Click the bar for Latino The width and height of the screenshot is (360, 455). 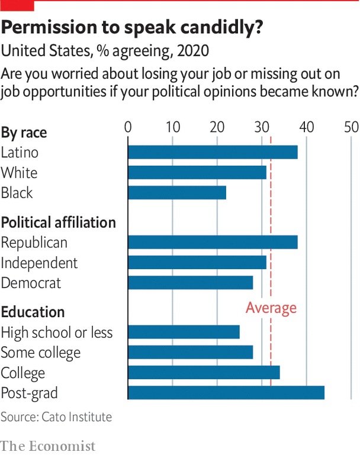(x=213, y=152)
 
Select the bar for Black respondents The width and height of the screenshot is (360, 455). (x=177, y=193)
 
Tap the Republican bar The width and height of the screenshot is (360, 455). (x=213, y=242)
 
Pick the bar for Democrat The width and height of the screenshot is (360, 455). (x=191, y=282)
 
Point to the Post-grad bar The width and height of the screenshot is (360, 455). (x=226, y=392)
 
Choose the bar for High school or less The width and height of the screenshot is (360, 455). (x=184, y=332)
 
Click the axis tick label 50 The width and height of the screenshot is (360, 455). (x=351, y=127)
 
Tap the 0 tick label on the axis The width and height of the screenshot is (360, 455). (x=128, y=127)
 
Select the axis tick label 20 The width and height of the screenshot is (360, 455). (x=217, y=127)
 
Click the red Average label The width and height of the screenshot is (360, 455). (x=271, y=308)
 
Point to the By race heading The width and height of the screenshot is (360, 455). (x=24, y=133)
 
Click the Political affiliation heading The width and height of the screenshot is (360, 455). (x=58, y=222)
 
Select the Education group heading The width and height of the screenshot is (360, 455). (x=33, y=312)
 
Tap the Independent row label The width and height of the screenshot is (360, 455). (x=39, y=263)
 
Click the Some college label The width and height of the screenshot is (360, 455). (x=40, y=353)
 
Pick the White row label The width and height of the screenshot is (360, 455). (x=19, y=173)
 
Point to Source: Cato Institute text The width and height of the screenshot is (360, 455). (x=56, y=417)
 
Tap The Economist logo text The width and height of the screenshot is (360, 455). (x=48, y=446)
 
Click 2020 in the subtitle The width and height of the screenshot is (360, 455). (x=192, y=51)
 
